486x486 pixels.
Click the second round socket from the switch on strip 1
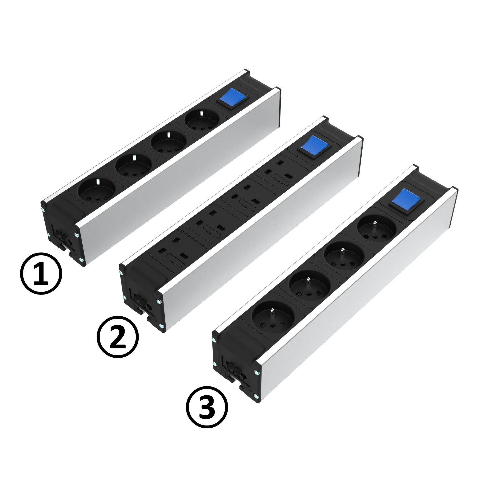coord(168,143)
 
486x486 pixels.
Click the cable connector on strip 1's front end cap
coord(62,239)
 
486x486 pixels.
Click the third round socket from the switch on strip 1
coord(133,166)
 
